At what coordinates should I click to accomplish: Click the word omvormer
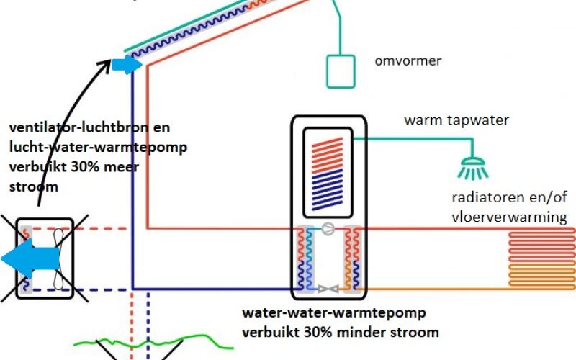coord(408,61)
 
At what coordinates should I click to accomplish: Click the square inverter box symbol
coord(341,71)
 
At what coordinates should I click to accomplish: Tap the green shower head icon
coord(473,168)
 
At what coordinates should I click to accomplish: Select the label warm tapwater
coord(456,120)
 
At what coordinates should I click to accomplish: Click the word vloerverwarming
coord(509,217)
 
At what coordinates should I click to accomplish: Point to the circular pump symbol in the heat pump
coord(328,229)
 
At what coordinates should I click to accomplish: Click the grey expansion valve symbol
coord(328,289)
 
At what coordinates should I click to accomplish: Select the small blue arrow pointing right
coord(127,65)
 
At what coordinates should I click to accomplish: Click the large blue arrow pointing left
coord(30,258)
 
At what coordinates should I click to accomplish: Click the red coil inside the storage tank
coord(327,153)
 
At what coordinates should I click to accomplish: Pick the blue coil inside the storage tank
coord(327,189)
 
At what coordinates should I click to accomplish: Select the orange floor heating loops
coord(542,275)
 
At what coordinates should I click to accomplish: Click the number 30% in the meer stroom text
coord(84,167)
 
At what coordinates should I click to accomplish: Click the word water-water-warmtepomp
coord(334,313)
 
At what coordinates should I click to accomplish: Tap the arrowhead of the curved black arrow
coord(106,65)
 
